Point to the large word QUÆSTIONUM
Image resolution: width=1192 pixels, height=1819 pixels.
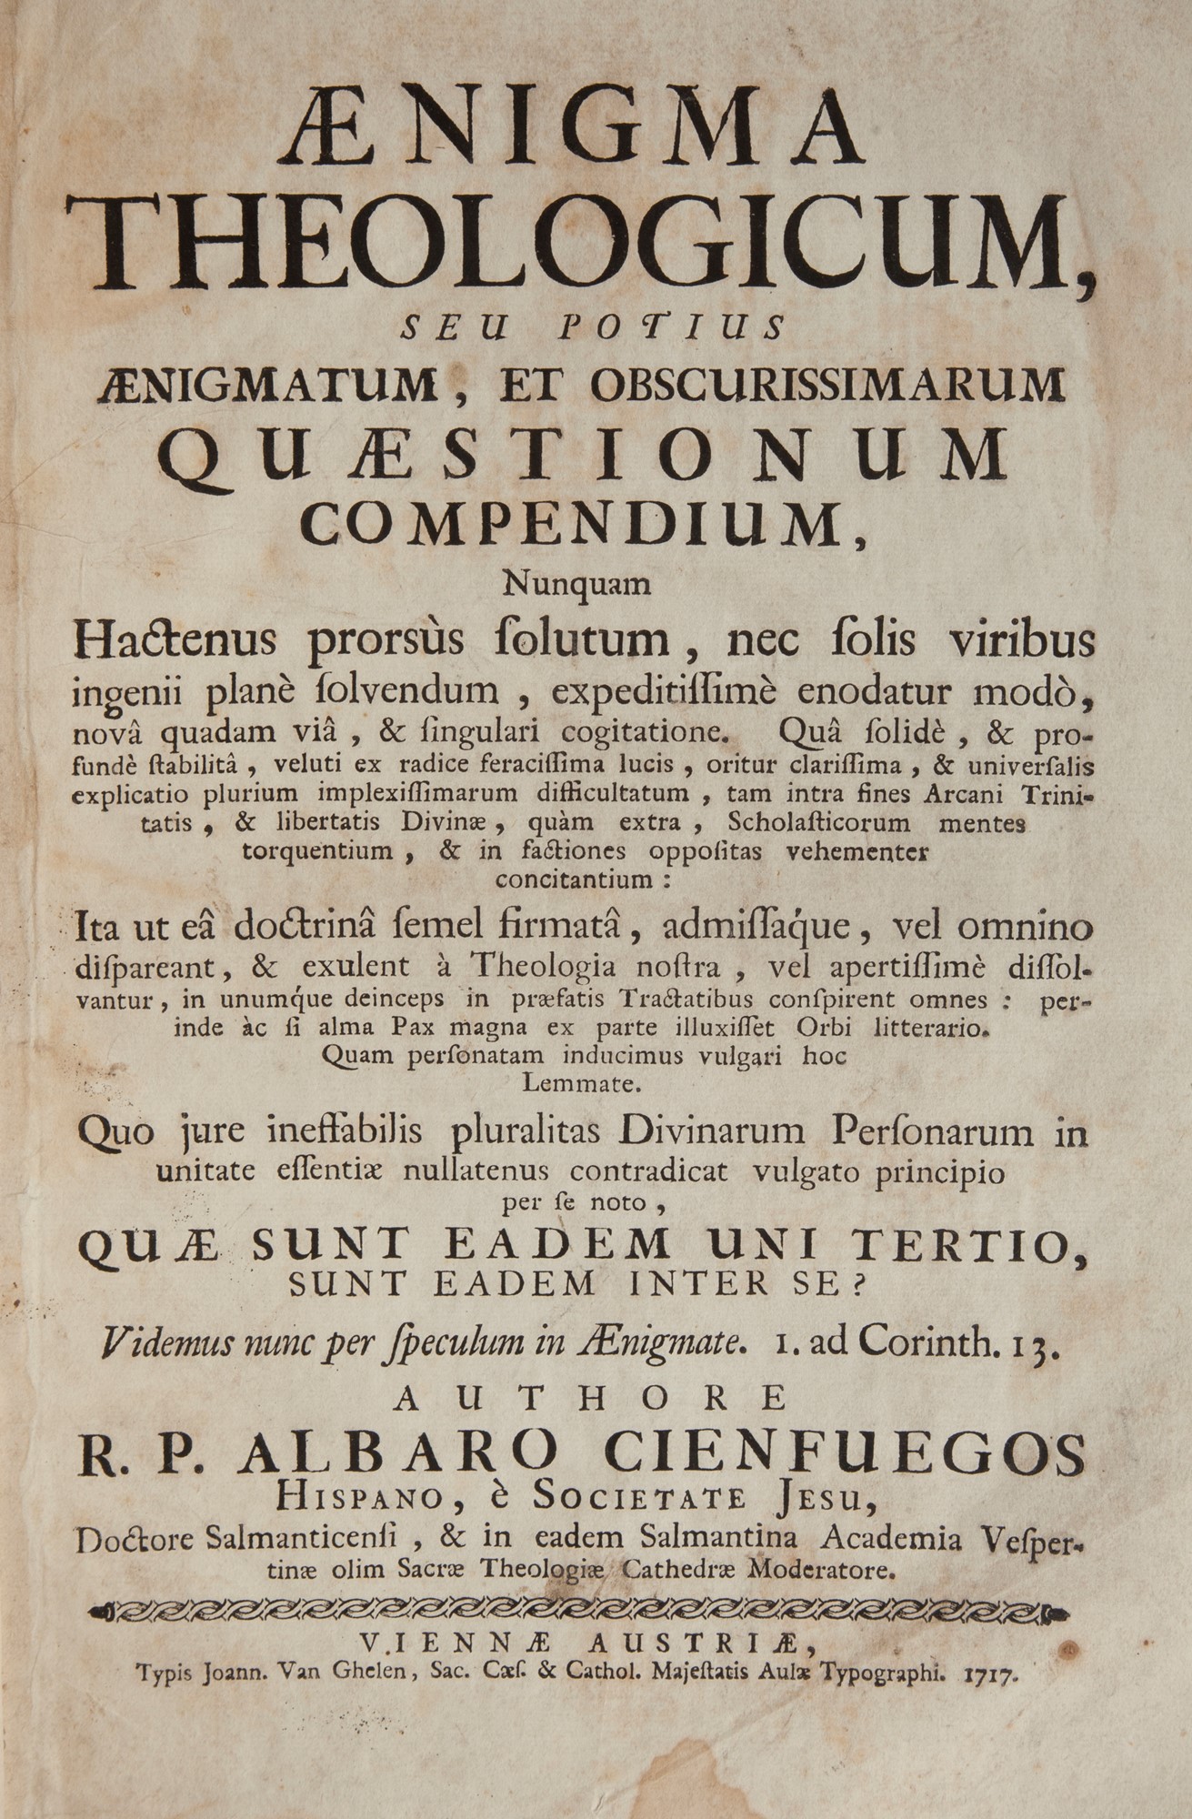(582, 455)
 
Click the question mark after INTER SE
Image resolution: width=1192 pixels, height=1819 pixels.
(859, 1283)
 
